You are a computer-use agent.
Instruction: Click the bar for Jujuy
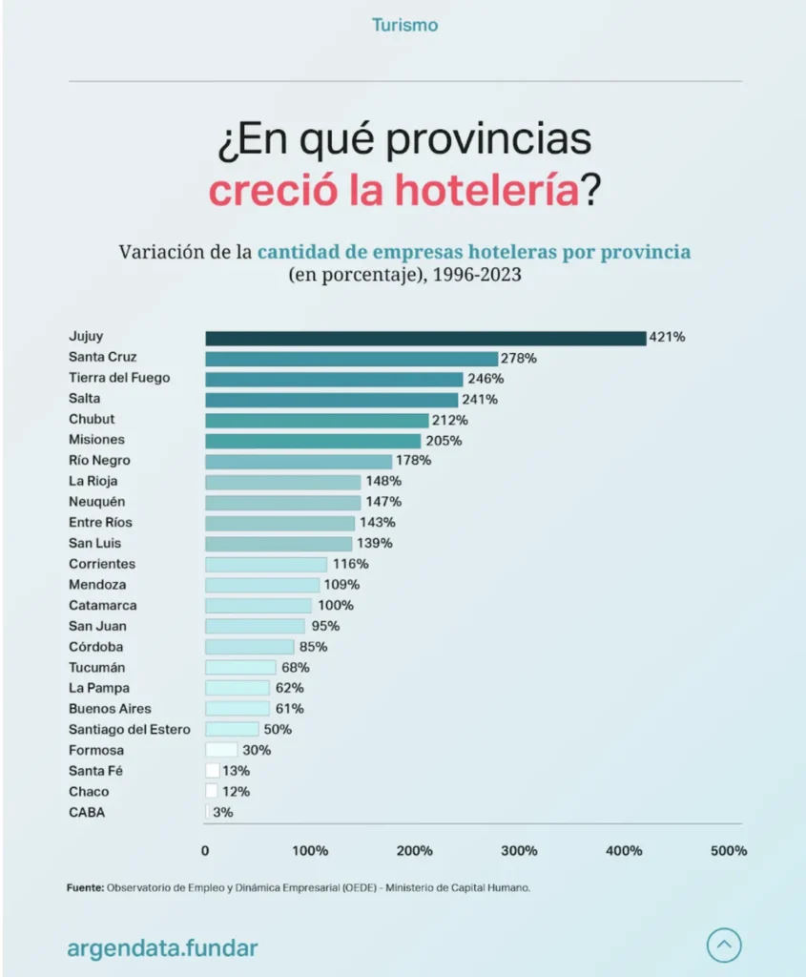click(x=424, y=338)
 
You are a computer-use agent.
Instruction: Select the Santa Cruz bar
click(x=351, y=359)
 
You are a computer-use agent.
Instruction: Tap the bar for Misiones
click(x=313, y=441)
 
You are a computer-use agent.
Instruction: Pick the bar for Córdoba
click(x=250, y=647)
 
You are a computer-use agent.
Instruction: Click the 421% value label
click(x=667, y=338)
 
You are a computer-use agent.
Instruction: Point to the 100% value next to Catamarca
click(x=335, y=606)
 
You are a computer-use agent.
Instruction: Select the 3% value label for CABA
click(x=222, y=813)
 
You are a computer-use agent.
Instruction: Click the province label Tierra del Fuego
click(x=119, y=378)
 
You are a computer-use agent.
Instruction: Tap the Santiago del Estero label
click(x=129, y=730)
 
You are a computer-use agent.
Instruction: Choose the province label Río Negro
click(x=99, y=461)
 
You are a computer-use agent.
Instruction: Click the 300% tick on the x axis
click(x=520, y=851)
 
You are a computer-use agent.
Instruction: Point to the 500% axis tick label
click(x=729, y=851)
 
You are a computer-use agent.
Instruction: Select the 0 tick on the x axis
click(x=205, y=851)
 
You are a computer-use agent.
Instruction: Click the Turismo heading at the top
click(x=404, y=26)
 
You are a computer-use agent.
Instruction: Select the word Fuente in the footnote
click(x=84, y=887)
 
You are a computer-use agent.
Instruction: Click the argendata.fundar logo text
click(x=162, y=948)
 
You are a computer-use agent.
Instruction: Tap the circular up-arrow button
click(x=724, y=946)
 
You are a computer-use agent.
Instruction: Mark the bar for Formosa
click(x=221, y=751)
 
